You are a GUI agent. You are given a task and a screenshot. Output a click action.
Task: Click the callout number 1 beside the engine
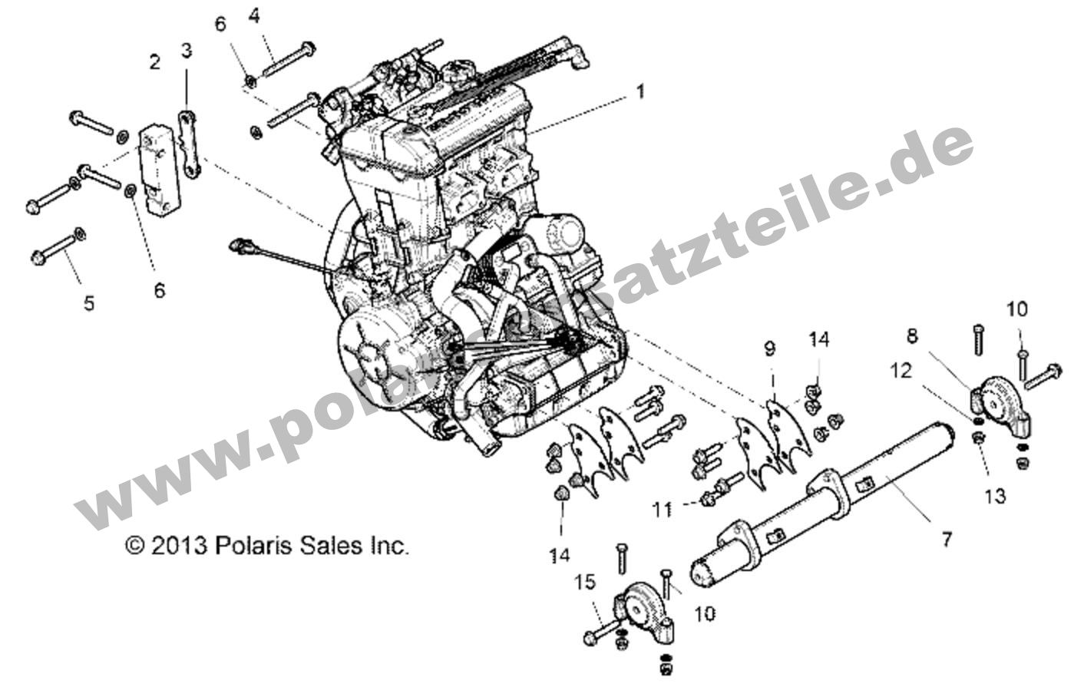(639, 92)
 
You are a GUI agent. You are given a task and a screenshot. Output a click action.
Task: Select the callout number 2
(155, 62)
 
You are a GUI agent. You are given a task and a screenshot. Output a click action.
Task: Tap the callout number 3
(187, 51)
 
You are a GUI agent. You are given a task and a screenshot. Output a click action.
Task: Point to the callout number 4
(253, 15)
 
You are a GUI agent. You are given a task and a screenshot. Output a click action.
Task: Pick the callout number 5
(89, 303)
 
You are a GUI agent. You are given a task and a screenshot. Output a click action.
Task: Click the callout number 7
(947, 540)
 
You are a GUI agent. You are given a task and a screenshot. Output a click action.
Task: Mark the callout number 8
(911, 335)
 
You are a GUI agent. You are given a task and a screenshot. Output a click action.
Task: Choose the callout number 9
(770, 349)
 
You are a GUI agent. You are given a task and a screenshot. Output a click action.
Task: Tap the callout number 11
(663, 508)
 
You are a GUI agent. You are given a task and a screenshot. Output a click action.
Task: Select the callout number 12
(901, 371)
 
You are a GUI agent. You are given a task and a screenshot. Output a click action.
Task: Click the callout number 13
(994, 497)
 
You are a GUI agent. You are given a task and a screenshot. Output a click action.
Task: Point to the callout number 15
(585, 583)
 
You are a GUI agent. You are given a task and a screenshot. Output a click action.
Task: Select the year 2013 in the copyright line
(179, 546)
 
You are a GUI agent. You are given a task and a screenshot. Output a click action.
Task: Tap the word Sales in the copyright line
(329, 546)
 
